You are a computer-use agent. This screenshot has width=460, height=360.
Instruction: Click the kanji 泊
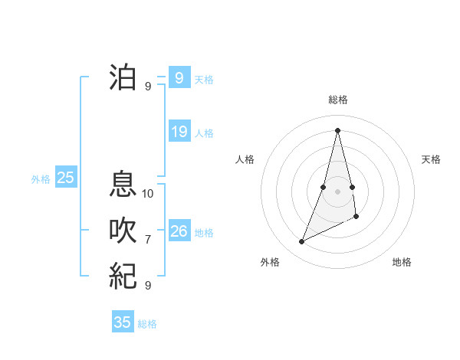pos(123,77)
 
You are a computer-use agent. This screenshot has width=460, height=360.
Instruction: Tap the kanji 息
pos(123,183)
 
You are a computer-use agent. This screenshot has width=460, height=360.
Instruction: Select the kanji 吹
pos(123,230)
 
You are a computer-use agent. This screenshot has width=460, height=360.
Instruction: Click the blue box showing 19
pos(179,132)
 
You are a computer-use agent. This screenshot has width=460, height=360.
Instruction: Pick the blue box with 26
pos(179,231)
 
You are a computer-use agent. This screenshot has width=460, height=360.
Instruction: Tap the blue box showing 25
pos(65,178)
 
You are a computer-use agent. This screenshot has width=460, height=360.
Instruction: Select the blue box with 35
pos(123,322)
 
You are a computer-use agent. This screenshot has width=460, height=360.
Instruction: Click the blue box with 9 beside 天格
pos(179,77)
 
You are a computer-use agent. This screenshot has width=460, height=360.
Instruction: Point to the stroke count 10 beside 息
pos(148,194)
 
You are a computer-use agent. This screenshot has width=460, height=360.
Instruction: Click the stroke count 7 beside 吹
pos(148,240)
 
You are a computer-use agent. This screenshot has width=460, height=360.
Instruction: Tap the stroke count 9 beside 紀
pos(148,286)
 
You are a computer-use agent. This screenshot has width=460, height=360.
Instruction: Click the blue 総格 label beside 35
pos(147,324)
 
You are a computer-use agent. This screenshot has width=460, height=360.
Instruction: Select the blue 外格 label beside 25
pos(41,179)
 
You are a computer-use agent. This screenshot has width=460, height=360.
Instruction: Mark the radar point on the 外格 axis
pos(301,242)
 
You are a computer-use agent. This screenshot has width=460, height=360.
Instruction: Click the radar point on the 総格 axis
pos(337,129)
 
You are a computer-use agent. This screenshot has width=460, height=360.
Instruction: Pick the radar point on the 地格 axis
pos(356,218)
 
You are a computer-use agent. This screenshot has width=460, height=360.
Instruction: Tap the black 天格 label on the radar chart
pos(431,159)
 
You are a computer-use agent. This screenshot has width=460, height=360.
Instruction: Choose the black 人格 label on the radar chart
pos(245,159)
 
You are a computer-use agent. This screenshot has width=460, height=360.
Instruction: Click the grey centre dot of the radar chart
pos(337,191)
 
